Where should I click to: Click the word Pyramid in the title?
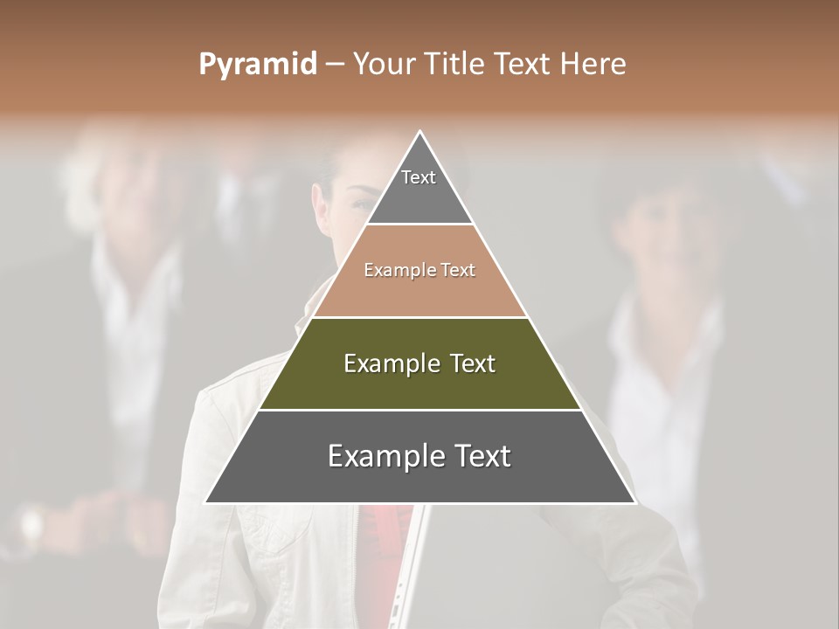pos(258,65)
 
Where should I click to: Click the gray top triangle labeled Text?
pos(419,188)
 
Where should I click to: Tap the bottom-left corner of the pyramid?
pos(206,502)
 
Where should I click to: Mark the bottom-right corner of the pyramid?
pos(634,502)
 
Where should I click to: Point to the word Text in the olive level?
pos(473,363)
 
